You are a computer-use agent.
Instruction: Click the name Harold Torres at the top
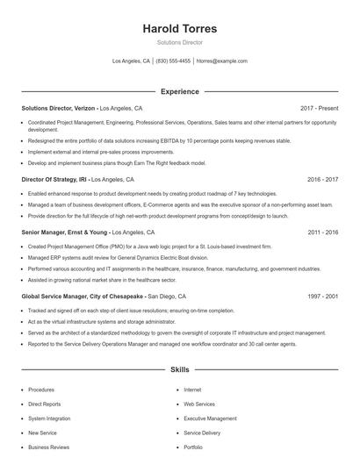pos(179,29)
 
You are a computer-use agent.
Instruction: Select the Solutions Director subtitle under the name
pos(179,42)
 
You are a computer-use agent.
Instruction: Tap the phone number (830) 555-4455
pos(173,61)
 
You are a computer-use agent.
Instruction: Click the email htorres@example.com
pos(222,61)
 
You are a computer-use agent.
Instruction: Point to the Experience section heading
pos(179,91)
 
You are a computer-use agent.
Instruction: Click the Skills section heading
pos(179,371)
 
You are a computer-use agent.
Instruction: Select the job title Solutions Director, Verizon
pos(59,107)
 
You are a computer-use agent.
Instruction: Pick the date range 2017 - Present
pos(319,107)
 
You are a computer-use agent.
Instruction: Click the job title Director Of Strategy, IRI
pos(56,179)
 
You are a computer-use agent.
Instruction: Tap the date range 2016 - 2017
pos(322,179)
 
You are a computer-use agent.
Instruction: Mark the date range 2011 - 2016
pos(322,232)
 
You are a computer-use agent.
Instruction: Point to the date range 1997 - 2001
pos(322,297)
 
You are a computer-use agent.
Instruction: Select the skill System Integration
pos(50,418)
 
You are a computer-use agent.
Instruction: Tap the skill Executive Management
pos(210,418)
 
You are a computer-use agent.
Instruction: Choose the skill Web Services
pos(199,404)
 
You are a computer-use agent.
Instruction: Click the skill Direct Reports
pos(45,404)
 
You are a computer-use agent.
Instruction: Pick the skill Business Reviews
pos(48,447)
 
